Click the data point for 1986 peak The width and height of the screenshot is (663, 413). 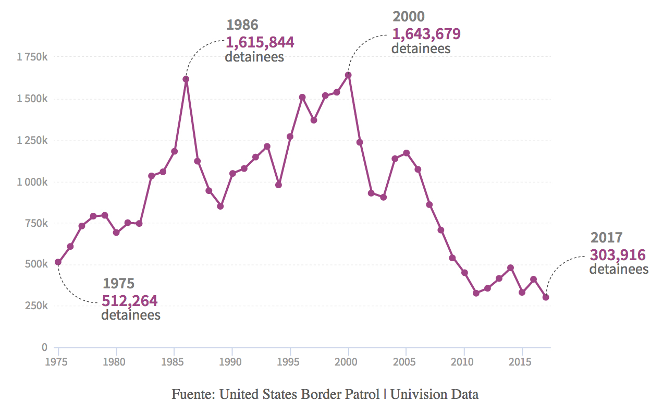tap(186, 79)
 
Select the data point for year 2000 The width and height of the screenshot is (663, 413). tap(348, 75)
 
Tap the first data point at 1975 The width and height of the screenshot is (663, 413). tap(58, 262)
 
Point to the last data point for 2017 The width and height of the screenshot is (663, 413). tap(545, 297)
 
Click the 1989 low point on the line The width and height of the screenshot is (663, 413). tap(220, 207)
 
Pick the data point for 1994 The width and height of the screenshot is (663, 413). tap(278, 185)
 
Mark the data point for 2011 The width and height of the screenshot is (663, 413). tap(476, 293)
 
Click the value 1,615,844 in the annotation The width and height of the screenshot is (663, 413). tap(260, 42)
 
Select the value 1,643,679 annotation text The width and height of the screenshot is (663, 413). tap(426, 34)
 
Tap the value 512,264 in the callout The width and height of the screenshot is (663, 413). tap(129, 301)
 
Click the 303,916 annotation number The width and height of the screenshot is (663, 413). tap(618, 255)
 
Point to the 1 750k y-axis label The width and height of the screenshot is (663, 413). tap(32, 57)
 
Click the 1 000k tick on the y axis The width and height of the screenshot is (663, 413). tap(32, 182)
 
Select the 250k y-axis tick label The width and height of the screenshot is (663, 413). tap(36, 306)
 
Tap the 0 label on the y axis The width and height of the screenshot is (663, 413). tap(44, 347)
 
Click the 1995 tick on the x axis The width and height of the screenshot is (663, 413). tap(290, 361)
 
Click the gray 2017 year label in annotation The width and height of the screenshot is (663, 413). tap(606, 238)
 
